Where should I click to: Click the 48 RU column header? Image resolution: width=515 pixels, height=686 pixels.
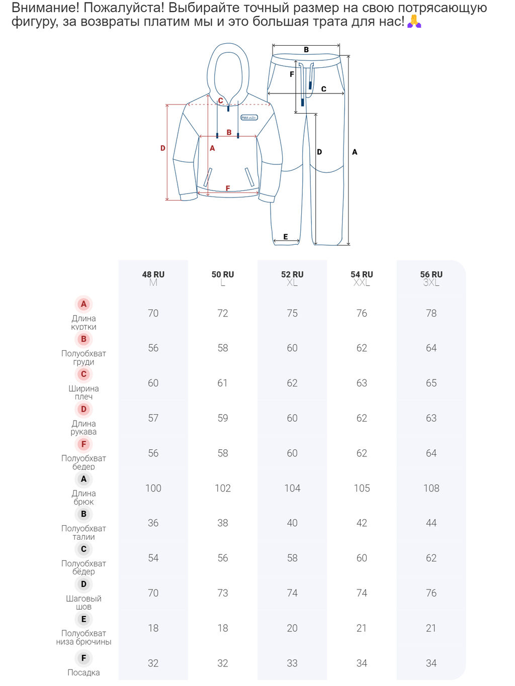[153, 274]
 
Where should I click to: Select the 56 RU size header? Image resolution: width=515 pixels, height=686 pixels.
[431, 274]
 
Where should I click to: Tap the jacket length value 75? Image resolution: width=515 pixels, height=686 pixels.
[292, 313]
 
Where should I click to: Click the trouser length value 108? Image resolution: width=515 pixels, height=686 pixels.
[431, 488]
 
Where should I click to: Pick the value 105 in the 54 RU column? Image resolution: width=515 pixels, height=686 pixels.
[362, 488]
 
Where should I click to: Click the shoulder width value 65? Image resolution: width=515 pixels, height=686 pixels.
[431, 383]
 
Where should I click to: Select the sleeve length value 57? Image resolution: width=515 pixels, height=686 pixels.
[153, 418]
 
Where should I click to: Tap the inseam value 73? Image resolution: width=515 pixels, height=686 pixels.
[223, 593]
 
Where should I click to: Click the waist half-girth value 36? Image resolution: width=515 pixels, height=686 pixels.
[153, 523]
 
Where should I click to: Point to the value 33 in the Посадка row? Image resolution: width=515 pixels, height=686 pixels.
[292, 663]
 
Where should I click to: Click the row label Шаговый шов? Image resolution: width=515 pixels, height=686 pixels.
[83, 602]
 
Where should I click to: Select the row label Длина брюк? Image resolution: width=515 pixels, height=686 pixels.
[83, 497]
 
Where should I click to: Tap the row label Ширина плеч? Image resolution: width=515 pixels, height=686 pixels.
[83, 392]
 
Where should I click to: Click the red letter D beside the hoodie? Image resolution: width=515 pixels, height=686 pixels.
[162, 148]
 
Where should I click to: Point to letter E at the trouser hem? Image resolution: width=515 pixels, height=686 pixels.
[285, 237]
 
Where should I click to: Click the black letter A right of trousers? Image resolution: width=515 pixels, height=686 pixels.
[354, 152]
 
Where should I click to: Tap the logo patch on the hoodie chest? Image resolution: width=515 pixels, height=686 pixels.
[249, 118]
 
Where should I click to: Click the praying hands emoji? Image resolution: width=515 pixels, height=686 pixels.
[414, 21]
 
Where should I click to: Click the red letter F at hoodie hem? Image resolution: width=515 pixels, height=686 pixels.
[228, 188]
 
